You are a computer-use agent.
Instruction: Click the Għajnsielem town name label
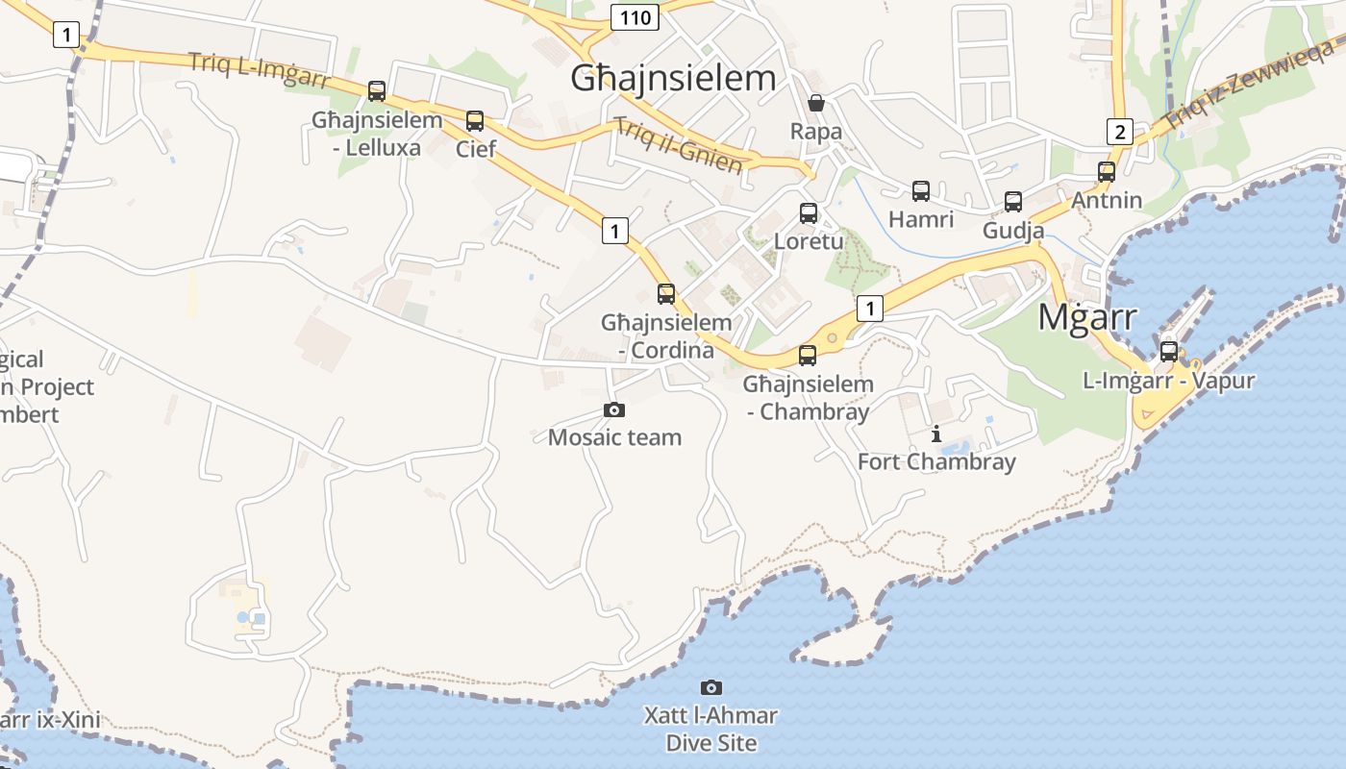pos(673,78)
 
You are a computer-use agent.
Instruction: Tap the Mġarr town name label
pos(1087,317)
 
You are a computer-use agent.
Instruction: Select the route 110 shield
pos(635,16)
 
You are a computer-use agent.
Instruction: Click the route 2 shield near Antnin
pos(1119,131)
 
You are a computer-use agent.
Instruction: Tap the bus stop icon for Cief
pos(475,121)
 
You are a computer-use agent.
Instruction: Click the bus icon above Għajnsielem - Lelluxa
pos(377,91)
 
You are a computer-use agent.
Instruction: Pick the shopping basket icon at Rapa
pos(816,102)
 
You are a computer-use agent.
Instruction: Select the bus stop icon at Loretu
pos(809,213)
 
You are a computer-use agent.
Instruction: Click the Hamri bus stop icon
pos(921,191)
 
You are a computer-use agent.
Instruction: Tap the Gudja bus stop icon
pos(1013,202)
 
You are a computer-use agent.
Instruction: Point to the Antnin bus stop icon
pos(1107,172)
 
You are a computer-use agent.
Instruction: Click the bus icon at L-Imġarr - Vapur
pos(1169,352)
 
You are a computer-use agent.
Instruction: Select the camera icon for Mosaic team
pos(614,410)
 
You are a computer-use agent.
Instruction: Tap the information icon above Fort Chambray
pos(936,434)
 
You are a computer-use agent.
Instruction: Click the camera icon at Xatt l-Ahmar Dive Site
pos(711,687)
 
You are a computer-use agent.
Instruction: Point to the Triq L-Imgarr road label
pos(259,69)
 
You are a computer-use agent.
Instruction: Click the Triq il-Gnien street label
pos(679,145)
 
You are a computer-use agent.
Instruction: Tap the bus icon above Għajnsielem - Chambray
pos(808,356)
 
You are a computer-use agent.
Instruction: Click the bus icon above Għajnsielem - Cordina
pos(666,294)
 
